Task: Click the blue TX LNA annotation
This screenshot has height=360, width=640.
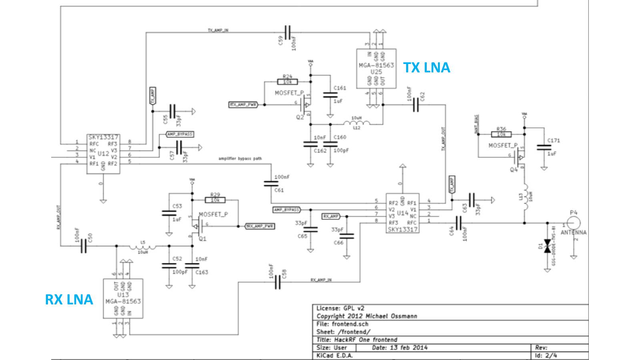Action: pyautogui.click(x=426, y=68)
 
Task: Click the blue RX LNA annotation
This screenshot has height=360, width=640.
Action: pyautogui.click(x=69, y=300)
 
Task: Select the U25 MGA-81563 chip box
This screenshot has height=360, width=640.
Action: pyautogui.click(x=376, y=68)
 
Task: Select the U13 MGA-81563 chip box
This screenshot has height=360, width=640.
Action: pyautogui.click(x=123, y=298)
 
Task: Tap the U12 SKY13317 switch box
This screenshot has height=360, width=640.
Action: pyautogui.click(x=103, y=154)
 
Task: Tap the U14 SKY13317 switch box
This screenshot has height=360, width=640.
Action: pyautogui.click(x=402, y=213)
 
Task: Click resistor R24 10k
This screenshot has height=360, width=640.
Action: pyautogui.click(x=287, y=82)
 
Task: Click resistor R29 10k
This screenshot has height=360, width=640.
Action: pyautogui.click(x=215, y=200)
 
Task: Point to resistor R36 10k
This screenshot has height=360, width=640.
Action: pyautogui.click(x=501, y=134)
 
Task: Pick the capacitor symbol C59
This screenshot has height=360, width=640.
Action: pyautogui.click(x=287, y=32)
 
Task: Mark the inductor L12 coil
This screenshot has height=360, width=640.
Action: pyautogui.click(x=356, y=123)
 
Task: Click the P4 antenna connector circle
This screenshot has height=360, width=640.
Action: pyautogui.click(x=574, y=223)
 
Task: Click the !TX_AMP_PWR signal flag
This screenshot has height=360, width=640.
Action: pyautogui.click(x=243, y=104)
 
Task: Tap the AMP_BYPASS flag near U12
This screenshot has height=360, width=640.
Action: pyautogui.click(x=180, y=134)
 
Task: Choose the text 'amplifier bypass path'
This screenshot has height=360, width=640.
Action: pyautogui.click(x=240, y=158)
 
